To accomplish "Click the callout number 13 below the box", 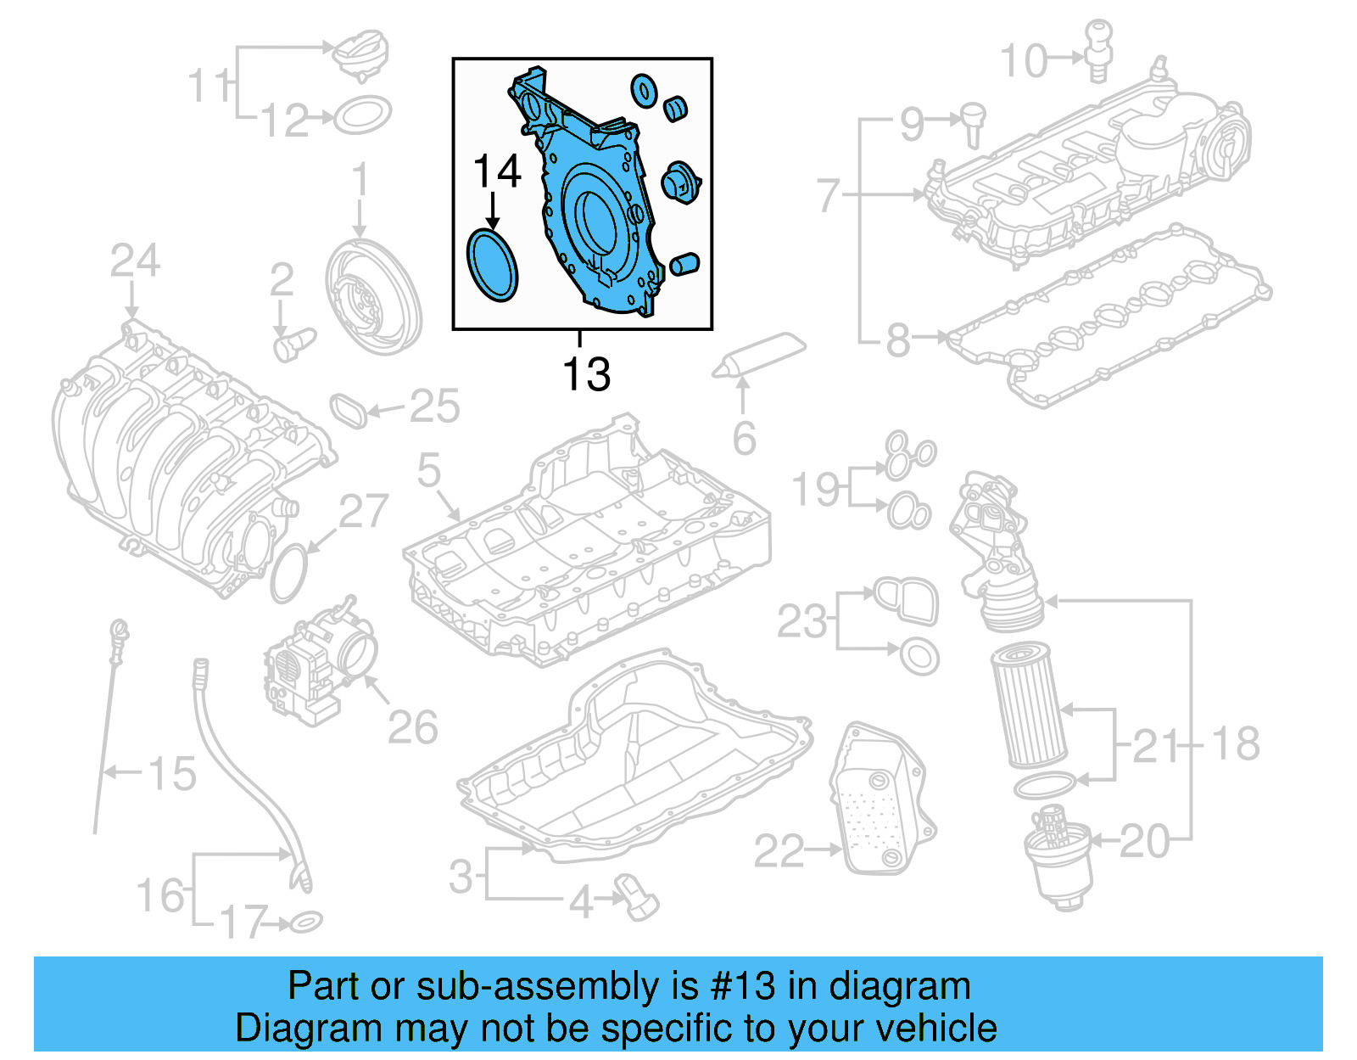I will pos(586,374).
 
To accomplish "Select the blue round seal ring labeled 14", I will pos(492,264).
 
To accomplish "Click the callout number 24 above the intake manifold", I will pos(134,261).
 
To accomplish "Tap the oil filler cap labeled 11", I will pos(360,52).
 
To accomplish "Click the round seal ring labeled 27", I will pos(289,575).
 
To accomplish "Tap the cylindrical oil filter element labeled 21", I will pos(1029,704).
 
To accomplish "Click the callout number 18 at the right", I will pos(1235,743).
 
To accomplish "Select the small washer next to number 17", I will pos(306,922).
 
